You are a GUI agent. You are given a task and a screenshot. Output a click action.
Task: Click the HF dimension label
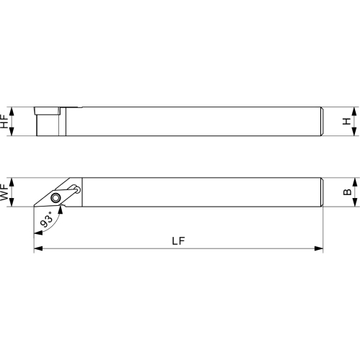[4, 122]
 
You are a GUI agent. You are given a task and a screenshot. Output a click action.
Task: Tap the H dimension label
[346, 122]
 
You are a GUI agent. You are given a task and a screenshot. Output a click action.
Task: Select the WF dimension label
[4, 192]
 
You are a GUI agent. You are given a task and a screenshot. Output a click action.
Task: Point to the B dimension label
[347, 192]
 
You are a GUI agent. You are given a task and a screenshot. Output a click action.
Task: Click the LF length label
[179, 240]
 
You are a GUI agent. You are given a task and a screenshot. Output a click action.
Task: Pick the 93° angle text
[47, 220]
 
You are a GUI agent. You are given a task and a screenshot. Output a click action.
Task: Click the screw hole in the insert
[55, 198]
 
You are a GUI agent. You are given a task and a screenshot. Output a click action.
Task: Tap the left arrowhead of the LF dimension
[38, 248]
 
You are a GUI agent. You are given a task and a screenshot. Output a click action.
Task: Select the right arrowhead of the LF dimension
[318, 248]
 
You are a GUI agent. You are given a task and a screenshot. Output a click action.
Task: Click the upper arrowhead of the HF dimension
[12, 112]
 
